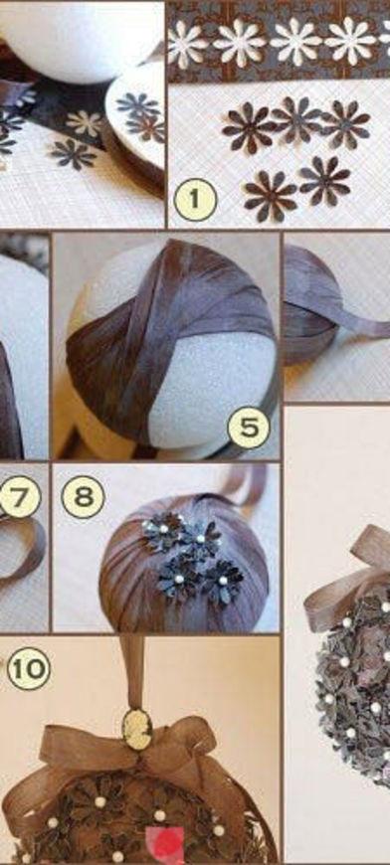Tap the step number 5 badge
tap(249, 427)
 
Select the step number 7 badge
tap(19, 497)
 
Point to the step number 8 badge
tap(83, 497)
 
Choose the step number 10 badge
tap(28, 668)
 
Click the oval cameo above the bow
tap(137, 730)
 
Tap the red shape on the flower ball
tap(164, 843)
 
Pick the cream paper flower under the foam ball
tap(84, 123)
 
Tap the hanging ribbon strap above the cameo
tap(132, 673)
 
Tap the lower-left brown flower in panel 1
tap(270, 195)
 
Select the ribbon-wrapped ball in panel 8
tap(185, 563)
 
